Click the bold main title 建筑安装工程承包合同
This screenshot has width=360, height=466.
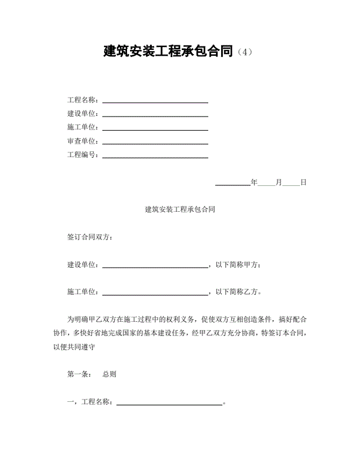169,51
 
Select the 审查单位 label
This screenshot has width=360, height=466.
82,141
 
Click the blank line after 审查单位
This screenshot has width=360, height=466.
155,142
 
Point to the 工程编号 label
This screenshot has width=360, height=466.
82,155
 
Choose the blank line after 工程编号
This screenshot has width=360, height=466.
155,157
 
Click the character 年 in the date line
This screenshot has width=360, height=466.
254,182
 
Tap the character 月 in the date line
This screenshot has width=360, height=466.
279,182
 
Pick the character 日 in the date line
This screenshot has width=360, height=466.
304,182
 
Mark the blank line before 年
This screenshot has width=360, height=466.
233,184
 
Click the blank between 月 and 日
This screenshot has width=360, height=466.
291,184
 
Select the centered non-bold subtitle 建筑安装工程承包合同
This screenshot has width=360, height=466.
179,209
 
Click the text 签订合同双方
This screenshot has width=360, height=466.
90,237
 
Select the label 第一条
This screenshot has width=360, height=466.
79,374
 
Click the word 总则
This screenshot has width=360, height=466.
109,374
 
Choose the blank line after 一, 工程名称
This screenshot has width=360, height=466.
170,404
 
